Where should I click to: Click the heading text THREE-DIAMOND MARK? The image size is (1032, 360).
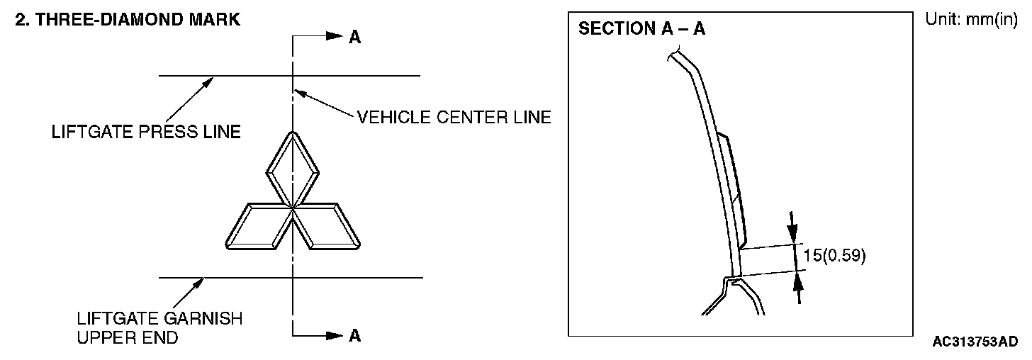[x=138, y=20]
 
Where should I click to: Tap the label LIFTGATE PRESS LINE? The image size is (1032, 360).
[x=146, y=132]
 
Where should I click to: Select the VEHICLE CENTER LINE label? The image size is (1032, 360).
[x=454, y=118]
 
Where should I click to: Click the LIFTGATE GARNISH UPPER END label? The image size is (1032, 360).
[x=159, y=328]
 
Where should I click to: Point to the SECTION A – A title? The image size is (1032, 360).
[x=641, y=28]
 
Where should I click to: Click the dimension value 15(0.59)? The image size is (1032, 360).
[x=834, y=255]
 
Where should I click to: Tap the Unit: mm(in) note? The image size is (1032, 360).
[x=971, y=19]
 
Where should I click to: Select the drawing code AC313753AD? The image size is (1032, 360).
[x=975, y=342]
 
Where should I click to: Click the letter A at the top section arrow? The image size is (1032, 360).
[x=354, y=37]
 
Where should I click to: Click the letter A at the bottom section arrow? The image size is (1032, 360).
[x=354, y=336]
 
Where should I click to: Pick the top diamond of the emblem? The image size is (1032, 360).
[x=293, y=169]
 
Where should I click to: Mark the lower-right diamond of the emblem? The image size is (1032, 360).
[x=326, y=227]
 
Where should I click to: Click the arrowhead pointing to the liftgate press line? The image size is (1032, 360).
[x=207, y=84]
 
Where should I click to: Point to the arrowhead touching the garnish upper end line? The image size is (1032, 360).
[x=198, y=283]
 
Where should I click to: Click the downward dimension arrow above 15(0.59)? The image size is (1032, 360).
[x=792, y=227]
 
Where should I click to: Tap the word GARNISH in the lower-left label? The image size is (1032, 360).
[x=201, y=319]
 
